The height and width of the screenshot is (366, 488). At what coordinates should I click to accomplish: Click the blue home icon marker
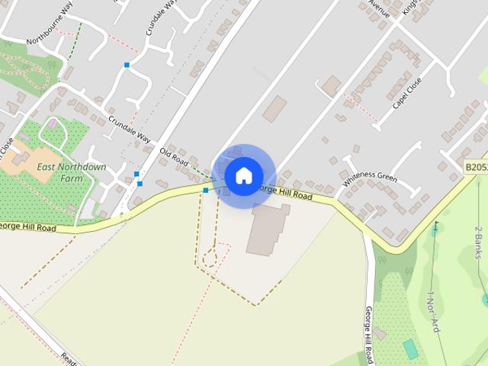(x=243, y=175)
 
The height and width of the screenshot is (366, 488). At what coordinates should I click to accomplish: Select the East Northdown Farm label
(x=71, y=172)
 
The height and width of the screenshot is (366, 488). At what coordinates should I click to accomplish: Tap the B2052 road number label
(x=476, y=165)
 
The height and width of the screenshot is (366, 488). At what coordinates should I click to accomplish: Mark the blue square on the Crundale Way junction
(x=127, y=65)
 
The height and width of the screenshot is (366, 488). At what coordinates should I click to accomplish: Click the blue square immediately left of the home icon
(x=205, y=190)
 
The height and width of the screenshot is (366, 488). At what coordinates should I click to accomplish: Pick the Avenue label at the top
(x=379, y=9)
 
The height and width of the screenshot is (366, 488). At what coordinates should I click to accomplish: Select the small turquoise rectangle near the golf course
(x=410, y=349)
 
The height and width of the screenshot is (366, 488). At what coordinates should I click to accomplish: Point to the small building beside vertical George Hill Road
(x=379, y=333)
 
